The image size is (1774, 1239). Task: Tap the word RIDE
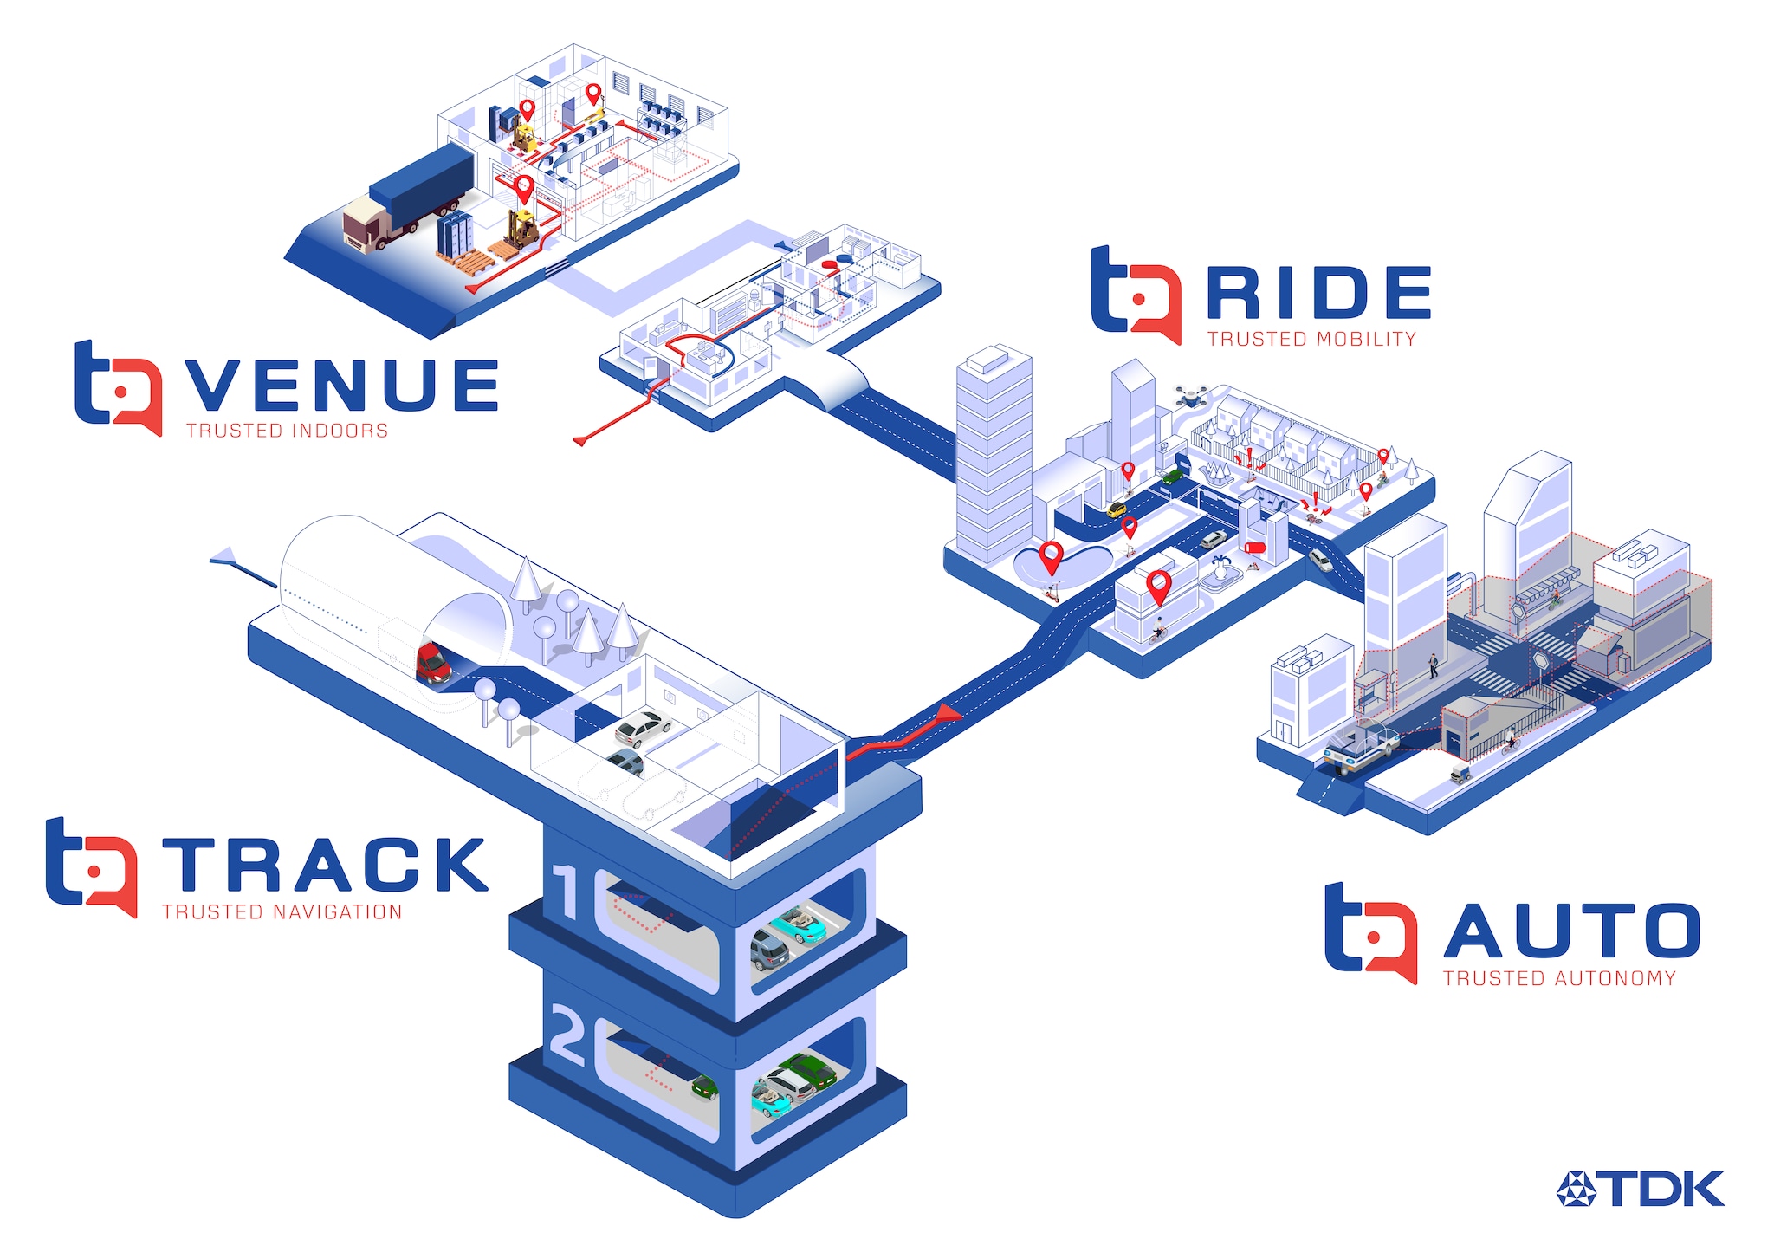click(x=1318, y=293)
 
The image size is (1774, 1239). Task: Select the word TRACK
click(x=326, y=865)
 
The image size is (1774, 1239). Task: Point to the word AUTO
click(x=1571, y=930)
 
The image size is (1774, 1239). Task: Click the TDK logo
click(x=1641, y=1189)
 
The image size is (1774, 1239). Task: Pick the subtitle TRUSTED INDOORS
click(x=288, y=431)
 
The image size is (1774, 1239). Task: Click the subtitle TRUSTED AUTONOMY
click(x=1559, y=978)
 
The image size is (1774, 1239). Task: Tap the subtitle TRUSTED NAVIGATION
click(x=282, y=912)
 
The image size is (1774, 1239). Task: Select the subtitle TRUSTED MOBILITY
click(x=1312, y=339)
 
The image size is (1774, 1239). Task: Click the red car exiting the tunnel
click(x=432, y=663)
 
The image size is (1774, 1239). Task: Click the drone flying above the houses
click(x=1191, y=397)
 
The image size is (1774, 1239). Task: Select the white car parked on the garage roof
click(x=643, y=728)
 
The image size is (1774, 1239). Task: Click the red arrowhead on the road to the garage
click(x=949, y=713)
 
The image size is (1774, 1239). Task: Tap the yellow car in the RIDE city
click(x=1117, y=509)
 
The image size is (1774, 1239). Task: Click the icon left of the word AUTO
click(x=1371, y=933)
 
